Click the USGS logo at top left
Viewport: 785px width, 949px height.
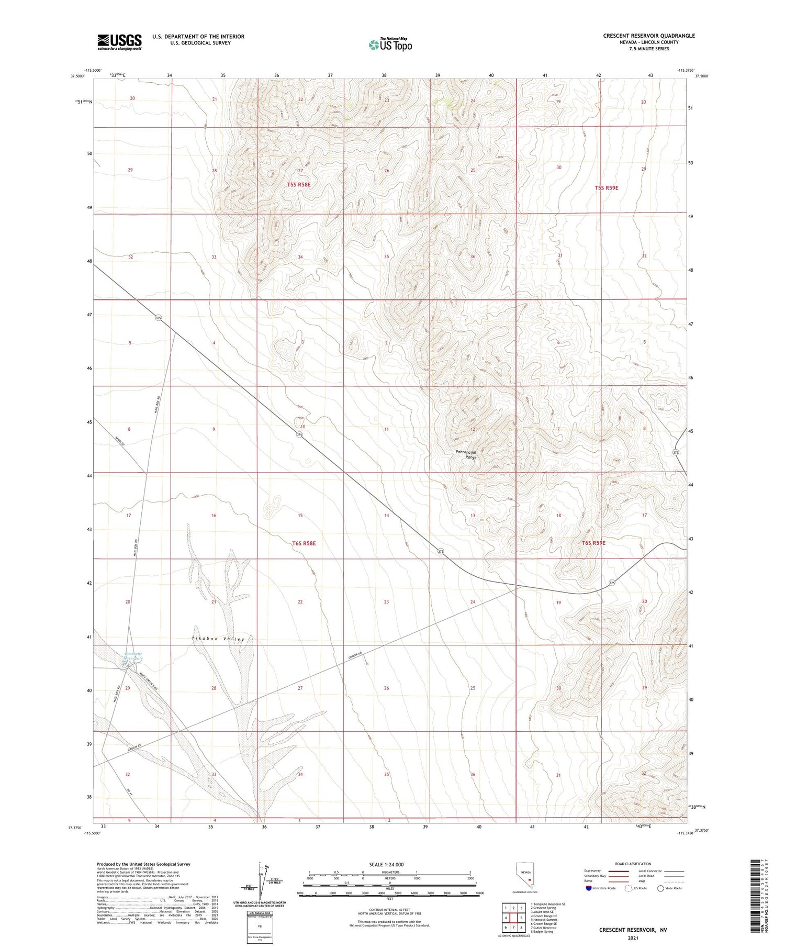pos(119,42)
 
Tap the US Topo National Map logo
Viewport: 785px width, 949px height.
pos(390,45)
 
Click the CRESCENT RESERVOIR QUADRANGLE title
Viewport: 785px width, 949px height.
pos(648,36)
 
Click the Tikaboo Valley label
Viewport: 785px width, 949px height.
pos(218,639)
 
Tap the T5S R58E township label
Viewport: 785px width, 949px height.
pos(299,185)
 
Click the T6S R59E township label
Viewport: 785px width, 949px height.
pos(593,543)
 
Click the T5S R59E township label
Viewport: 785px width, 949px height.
pos(606,187)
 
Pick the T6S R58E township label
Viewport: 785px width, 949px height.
pos(304,543)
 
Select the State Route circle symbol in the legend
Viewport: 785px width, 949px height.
pos(660,888)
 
